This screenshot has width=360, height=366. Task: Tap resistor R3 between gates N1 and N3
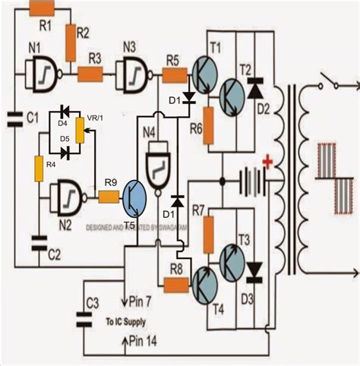click(x=91, y=74)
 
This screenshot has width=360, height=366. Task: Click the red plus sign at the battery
click(x=268, y=161)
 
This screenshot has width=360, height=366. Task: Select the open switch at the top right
click(x=327, y=80)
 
